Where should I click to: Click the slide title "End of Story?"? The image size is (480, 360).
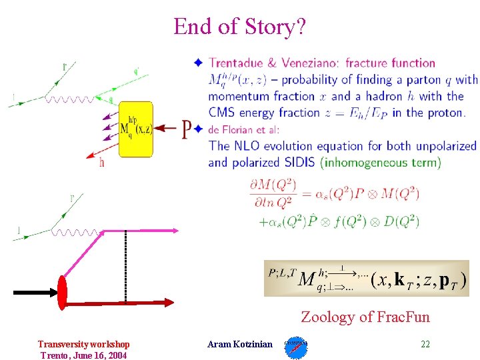pos(239,27)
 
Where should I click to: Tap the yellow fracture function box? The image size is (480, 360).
pos(135,129)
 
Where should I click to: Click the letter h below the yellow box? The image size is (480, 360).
pos(101,162)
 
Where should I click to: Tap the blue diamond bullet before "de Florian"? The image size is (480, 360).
pos(198,128)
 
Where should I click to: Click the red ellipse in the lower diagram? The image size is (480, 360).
pos(64,292)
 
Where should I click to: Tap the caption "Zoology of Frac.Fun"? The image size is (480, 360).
pos(365,317)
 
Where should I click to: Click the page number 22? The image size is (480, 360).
pos(425,344)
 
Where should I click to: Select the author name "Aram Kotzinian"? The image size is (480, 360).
pos(240,344)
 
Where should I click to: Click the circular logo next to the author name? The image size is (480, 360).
pos(296,347)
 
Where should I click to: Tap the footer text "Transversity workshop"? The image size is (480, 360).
pos(83,344)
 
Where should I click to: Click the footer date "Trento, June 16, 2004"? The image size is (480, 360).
pos(83,355)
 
